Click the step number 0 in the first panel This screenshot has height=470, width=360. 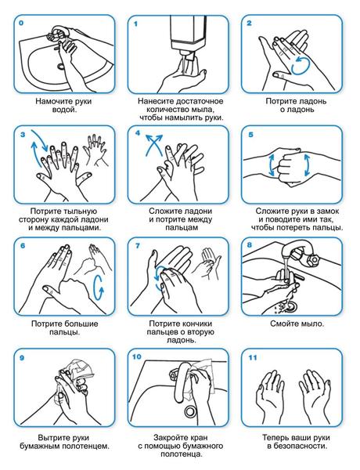20,23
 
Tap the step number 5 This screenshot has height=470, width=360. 250,134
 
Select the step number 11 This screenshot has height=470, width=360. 253,358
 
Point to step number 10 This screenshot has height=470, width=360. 137,356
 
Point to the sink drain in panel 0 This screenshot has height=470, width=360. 61,66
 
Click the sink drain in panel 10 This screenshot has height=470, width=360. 190,410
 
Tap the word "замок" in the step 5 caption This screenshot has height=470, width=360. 328,211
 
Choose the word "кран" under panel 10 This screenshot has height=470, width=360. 199,437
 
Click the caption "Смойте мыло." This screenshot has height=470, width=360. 297,324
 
